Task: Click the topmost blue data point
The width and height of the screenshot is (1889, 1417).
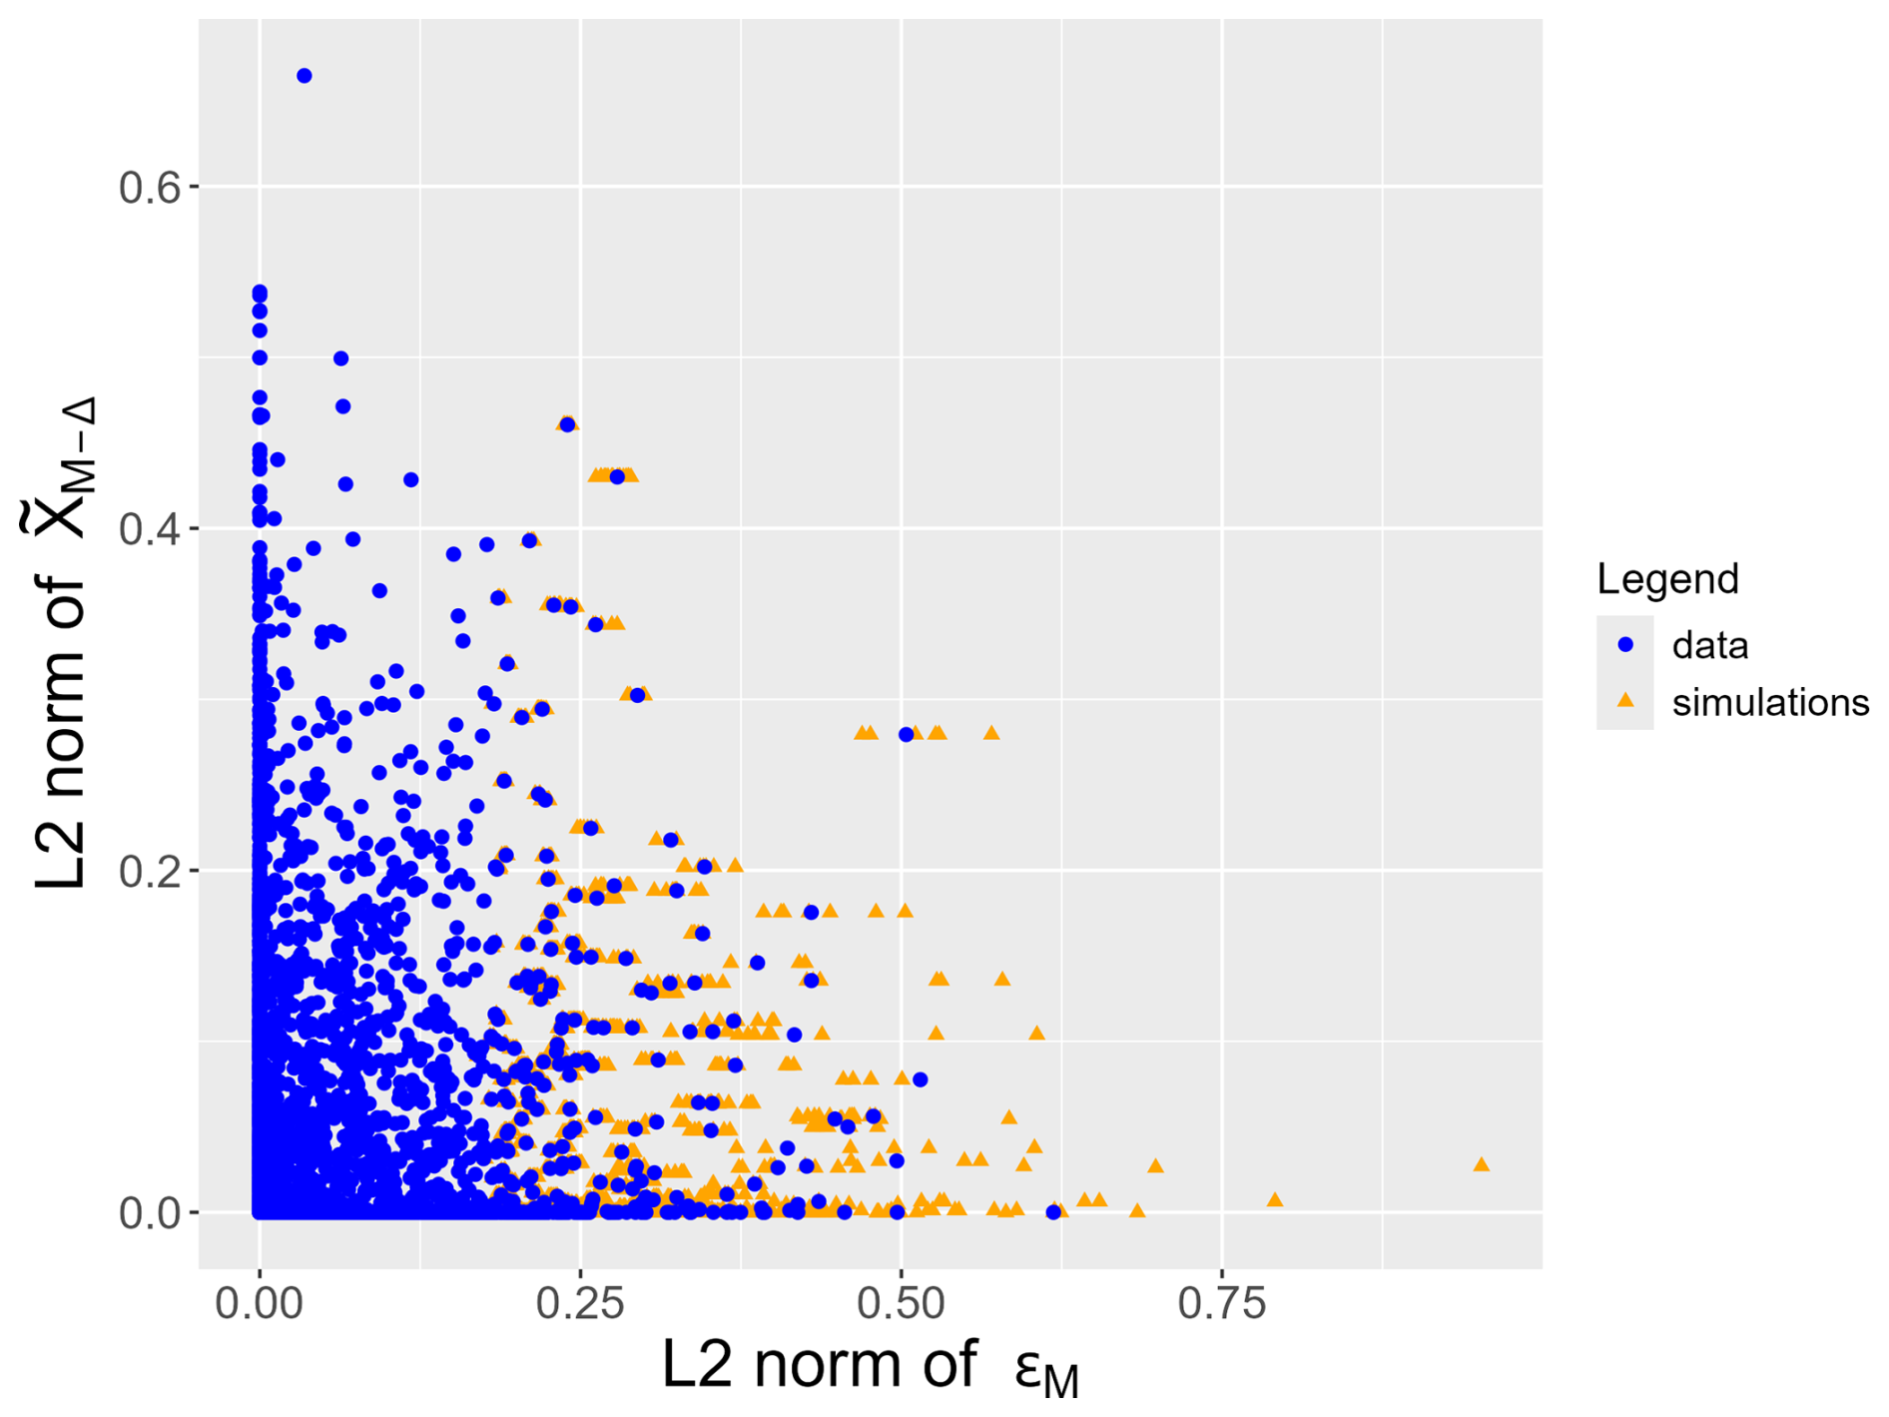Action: coord(305,76)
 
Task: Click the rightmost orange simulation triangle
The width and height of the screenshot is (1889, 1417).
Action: coord(1482,1164)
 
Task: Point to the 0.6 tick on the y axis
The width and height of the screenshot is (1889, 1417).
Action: coord(151,187)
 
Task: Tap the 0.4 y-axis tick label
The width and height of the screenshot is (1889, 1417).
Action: coord(151,528)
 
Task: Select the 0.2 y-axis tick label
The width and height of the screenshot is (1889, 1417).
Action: coord(151,871)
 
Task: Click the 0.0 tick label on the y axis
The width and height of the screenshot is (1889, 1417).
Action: coord(151,1213)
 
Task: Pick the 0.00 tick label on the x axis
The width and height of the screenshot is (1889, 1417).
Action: coord(260,1303)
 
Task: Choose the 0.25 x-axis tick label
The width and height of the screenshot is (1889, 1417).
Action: coord(580,1303)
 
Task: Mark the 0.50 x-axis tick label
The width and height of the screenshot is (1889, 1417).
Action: coord(902,1303)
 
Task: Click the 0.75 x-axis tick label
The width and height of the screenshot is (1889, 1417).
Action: coord(1222,1303)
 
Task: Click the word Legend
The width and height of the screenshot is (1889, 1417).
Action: coord(1667,579)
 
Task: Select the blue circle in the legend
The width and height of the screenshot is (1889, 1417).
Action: coord(1625,645)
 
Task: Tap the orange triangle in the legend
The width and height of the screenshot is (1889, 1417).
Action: coord(1625,701)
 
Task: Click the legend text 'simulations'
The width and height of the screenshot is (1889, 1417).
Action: coord(1770,703)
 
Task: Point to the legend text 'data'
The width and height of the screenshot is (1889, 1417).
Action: coord(1710,646)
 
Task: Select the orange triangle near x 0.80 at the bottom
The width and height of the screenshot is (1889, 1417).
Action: coord(1275,1199)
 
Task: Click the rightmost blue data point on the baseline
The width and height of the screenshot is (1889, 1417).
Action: coord(1053,1212)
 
